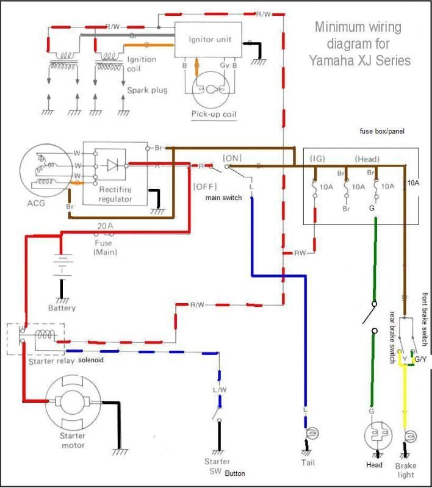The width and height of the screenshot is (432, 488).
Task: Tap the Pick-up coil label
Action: point(213,114)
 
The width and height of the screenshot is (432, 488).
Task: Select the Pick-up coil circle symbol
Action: point(211,89)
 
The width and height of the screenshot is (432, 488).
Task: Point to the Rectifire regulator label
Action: point(115,194)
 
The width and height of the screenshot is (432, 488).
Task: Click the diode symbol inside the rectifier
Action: point(113,165)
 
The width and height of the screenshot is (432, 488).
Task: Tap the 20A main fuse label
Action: point(106,226)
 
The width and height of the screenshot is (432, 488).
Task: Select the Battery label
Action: point(62,307)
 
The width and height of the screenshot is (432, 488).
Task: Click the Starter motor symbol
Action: point(72,403)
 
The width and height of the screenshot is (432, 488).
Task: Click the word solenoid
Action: point(90,361)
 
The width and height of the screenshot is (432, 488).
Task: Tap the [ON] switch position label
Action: point(232,157)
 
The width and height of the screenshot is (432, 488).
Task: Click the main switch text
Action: point(225,197)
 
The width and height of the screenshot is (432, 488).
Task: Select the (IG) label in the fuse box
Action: point(317,159)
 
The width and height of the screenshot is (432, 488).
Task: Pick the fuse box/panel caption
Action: point(382,131)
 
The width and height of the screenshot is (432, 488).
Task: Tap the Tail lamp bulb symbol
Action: point(309,432)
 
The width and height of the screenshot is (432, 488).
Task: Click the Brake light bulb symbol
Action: point(409,437)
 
